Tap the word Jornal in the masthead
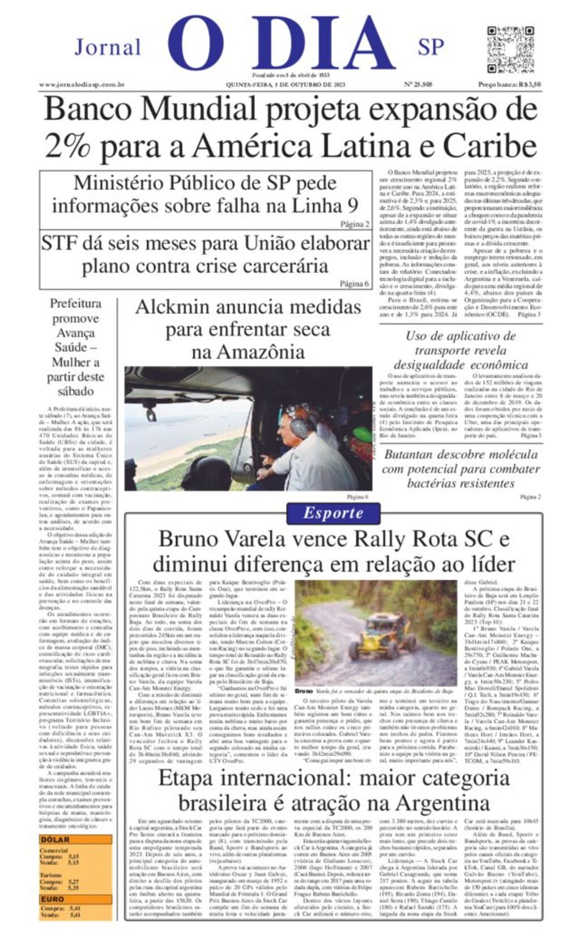108,47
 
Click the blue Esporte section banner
333,513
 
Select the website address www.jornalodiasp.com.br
82,84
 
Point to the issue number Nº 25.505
418,84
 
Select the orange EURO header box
75,899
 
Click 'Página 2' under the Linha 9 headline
355,224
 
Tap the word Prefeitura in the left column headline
75,303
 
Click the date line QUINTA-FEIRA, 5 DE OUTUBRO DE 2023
285,84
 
